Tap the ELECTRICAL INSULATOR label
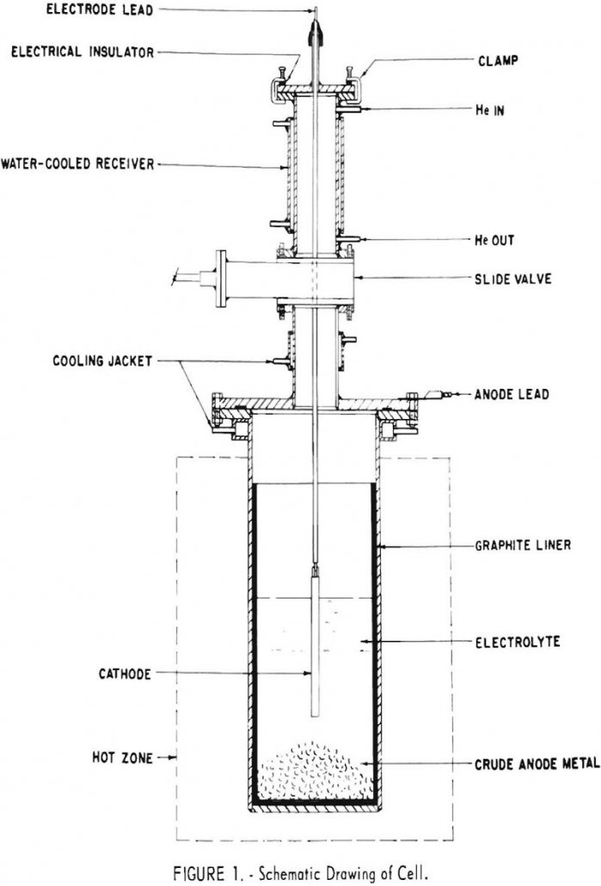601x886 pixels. [x=82, y=52]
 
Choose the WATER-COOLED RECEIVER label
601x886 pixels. [x=77, y=163]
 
